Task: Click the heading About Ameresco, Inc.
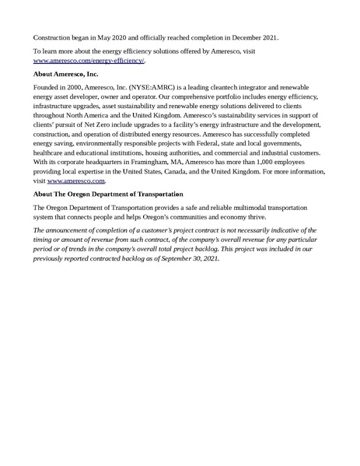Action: coord(67,75)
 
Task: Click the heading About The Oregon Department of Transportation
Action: coord(108,194)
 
